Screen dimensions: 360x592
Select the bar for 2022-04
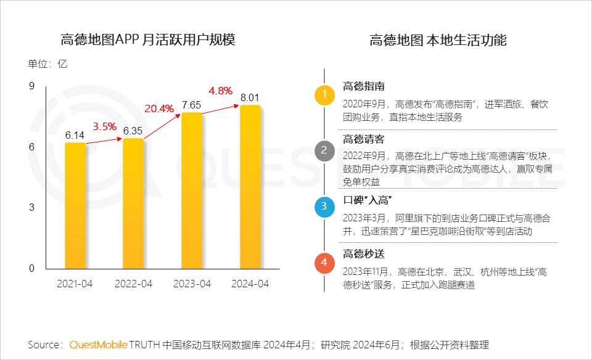[x=133, y=203]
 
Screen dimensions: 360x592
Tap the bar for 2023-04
[x=192, y=190]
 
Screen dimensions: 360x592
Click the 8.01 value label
[x=250, y=97]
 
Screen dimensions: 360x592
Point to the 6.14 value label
[x=75, y=134]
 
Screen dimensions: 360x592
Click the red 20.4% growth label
[x=159, y=108]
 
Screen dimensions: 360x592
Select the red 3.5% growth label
[x=105, y=126]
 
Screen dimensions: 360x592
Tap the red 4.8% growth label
[x=220, y=91]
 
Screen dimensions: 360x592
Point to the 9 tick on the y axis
[x=31, y=86]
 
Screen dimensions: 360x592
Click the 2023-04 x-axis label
[x=192, y=284]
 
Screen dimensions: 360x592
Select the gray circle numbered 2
[x=324, y=150]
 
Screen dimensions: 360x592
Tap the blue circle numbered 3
[x=324, y=207]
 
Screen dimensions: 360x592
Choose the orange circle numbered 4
[x=324, y=263]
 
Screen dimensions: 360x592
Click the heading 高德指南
[x=364, y=86]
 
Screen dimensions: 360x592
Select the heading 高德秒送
[x=364, y=254]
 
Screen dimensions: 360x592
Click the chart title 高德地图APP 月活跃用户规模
[x=148, y=40]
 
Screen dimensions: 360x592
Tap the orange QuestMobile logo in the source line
[x=98, y=344]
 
